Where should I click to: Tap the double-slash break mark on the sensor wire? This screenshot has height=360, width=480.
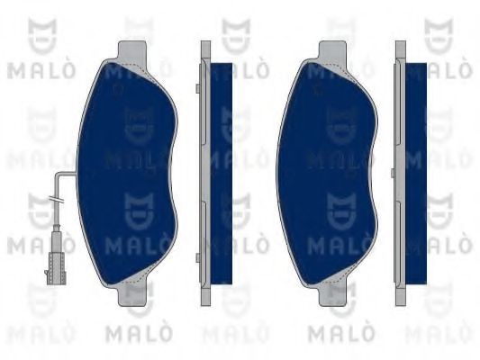click(59, 200)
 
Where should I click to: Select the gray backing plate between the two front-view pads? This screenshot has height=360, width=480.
click(204, 171)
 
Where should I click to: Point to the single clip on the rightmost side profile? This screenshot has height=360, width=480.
click(394, 171)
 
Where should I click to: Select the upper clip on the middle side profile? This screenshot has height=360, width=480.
click(197, 86)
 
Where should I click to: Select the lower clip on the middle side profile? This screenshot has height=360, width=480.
click(197, 258)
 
